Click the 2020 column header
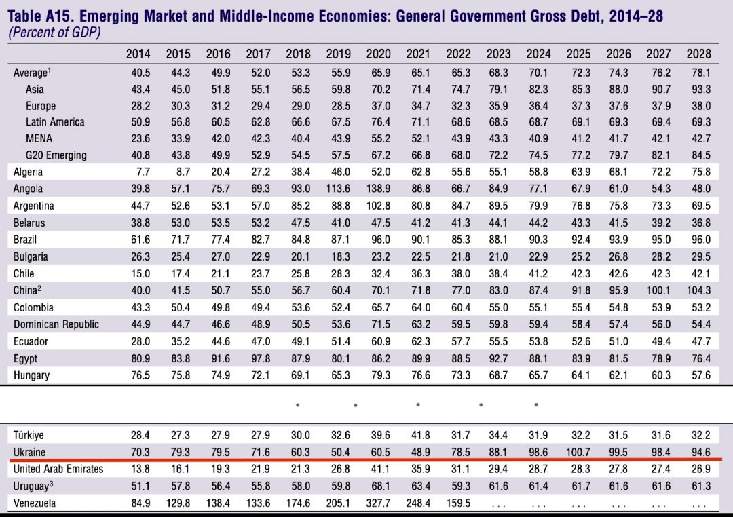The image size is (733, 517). [x=378, y=54]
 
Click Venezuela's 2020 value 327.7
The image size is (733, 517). [x=378, y=503]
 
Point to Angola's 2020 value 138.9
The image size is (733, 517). [x=378, y=189]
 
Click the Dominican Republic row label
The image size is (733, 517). [x=56, y=324]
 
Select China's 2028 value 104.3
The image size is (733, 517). [x=697, y=290]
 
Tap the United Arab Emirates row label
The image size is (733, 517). [x=58, y=468]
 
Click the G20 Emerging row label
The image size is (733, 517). [x=56, y=155]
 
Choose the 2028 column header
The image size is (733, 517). [x=698, y=54]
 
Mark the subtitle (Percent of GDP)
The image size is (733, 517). [x=54, y=33]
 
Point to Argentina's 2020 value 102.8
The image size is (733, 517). [x=378, y=206]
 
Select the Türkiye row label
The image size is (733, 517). [x=29, y=435]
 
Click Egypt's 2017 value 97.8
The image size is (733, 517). [x=258, y=358]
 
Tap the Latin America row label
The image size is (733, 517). [x=55, y=122]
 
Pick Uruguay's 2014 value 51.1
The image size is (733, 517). [x=138, y=486]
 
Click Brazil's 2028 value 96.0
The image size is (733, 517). [x=698, y=240]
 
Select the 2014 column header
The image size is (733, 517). [x=138, y=54]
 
